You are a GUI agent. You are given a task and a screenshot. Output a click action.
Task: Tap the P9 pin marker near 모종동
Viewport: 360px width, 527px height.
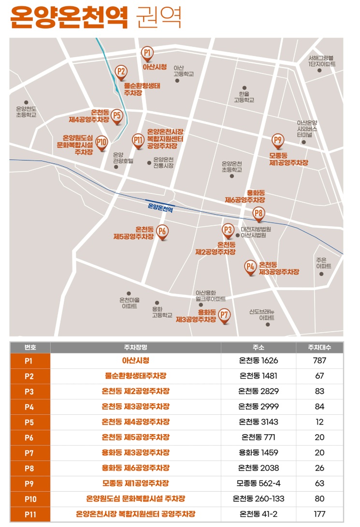pos(277,141)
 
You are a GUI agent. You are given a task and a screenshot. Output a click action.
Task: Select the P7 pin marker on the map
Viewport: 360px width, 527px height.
pos(224,316)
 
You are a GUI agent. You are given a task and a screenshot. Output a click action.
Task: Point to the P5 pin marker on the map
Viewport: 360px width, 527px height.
pos(116,116)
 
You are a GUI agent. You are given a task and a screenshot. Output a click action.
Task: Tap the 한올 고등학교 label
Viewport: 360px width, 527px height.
pos(244,97)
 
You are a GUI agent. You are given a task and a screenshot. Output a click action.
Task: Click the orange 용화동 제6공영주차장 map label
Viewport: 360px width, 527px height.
pos(245,196)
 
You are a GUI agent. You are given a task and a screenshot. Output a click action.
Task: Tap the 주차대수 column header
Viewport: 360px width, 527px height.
pos(319,348)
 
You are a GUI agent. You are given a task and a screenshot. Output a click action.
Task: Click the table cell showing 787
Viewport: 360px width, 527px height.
pos(319,360)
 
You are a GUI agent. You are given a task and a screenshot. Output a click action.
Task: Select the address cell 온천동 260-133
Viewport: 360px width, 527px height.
pos(259,498)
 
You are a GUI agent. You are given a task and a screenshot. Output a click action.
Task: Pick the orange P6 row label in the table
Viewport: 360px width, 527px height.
pos(29,437)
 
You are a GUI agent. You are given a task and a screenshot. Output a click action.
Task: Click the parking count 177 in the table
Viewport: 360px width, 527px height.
pos(319,514)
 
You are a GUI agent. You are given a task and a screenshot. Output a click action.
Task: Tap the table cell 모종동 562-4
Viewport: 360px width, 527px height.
pos(259,483)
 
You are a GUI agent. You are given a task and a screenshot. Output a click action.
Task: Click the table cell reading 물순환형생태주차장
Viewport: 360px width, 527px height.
pos(135,376)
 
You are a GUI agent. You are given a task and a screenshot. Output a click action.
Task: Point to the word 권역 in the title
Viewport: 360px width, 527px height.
pos(159,18)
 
